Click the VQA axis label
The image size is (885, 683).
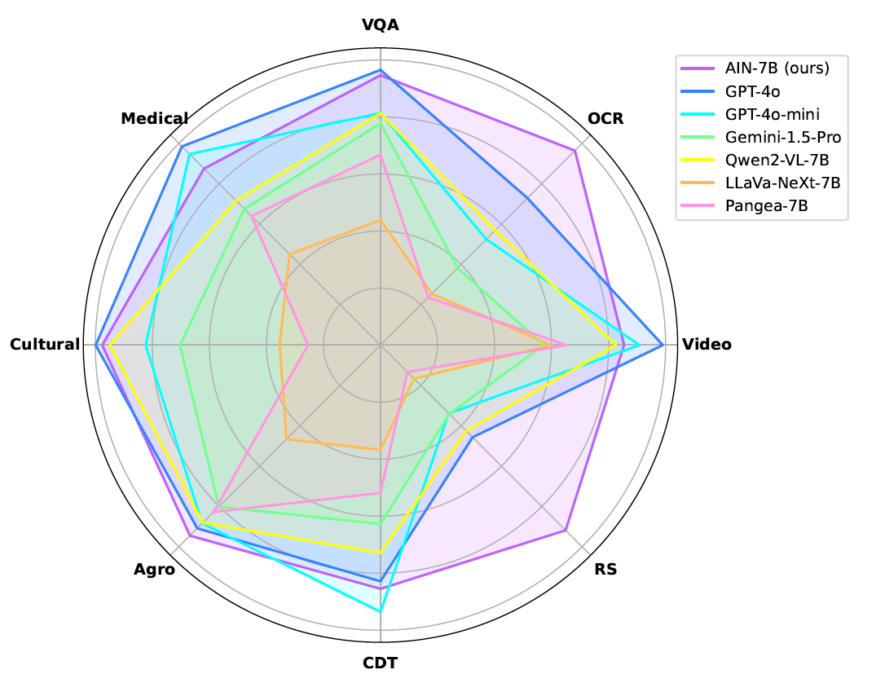tap(380, 24)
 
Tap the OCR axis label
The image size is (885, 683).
tap(605, 119)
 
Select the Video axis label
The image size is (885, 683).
tap(707, 345)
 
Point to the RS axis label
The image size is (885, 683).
tap(605, 570)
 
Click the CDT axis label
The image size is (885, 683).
tap(380, 661)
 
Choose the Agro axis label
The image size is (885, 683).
tap(154, 570)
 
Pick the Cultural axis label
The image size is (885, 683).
tap(46, 345)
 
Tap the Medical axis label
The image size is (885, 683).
tap(155, 119)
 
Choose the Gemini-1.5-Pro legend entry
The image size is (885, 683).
tap(782, 137)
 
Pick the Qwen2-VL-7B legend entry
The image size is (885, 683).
tap(777, 160)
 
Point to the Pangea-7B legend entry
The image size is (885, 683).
tap(765, 205)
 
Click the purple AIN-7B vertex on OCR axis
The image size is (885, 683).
tap(576, 150)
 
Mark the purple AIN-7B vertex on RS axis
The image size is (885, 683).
tap(566, 531)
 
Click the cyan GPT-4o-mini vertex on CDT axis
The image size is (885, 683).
tap(380, 610)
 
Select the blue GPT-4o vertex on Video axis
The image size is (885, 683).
tap(664, 345)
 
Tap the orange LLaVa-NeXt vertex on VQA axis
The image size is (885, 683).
tap(380, 220)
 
